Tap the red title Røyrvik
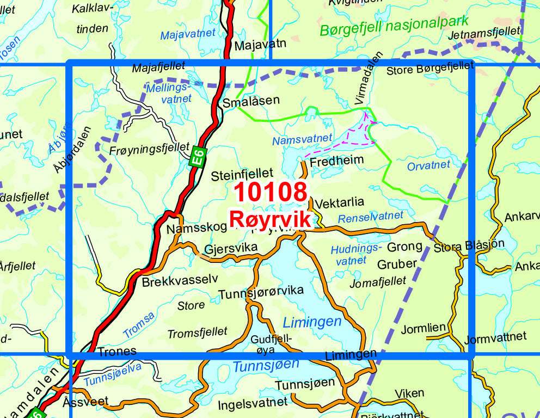(271, 219)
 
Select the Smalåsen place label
(251, 100)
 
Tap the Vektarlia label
(340, 202)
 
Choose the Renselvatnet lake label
(371, 217)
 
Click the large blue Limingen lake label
(312, 321)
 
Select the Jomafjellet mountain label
(378, 282)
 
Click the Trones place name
(117, 352)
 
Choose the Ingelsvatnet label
(252, 403)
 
